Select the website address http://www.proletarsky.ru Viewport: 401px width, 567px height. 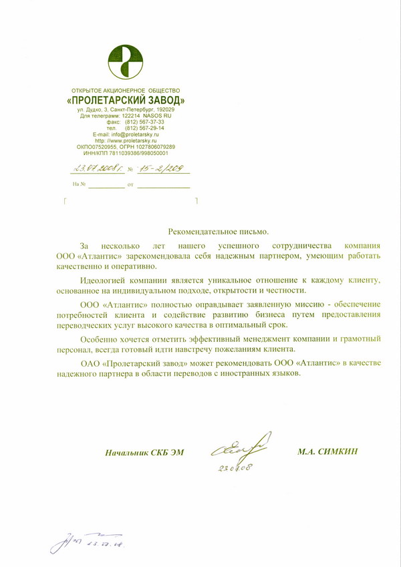(126, 141)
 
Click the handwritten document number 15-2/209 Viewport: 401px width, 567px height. (161, 170)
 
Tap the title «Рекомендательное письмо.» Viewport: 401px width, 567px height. (218, 231)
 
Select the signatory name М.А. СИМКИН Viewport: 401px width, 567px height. (328, 452)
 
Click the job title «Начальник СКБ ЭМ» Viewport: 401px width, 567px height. (144, 453)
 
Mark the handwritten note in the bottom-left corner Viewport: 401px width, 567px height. (88, 542)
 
